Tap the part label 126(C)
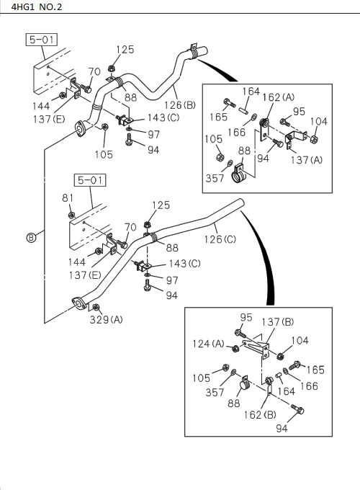pos(220,239)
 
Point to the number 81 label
pos(68,198)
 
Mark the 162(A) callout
pos(277,97)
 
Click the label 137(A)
pos(306,159)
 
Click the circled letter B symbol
pos(31,239)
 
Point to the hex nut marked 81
pos(71,214)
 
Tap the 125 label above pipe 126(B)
pos(125,50)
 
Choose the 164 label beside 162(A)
pos(251,91)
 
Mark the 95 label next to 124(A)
pos(246,317)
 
